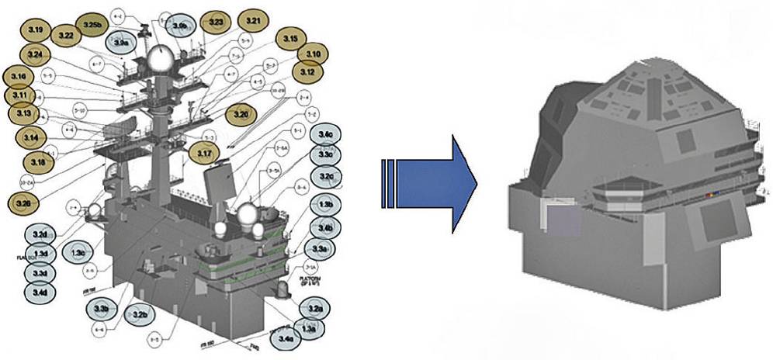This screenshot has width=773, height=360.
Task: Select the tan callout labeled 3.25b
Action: [x=93, y=25]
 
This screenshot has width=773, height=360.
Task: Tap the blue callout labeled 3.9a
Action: [x=121, y=43]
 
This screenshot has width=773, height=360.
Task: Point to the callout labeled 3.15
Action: [x=291, y=39]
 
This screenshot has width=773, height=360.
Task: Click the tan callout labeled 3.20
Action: [x=241, y=115]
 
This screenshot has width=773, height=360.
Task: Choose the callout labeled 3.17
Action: [x=204, y=154]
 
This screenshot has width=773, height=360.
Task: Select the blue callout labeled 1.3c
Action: [x=78, y=252]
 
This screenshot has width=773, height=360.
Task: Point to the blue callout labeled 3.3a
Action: [x=320, y=249]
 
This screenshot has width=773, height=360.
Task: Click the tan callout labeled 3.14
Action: [x=32, y=138]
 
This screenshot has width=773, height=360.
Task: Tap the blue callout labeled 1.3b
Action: [x=326, y=204]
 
